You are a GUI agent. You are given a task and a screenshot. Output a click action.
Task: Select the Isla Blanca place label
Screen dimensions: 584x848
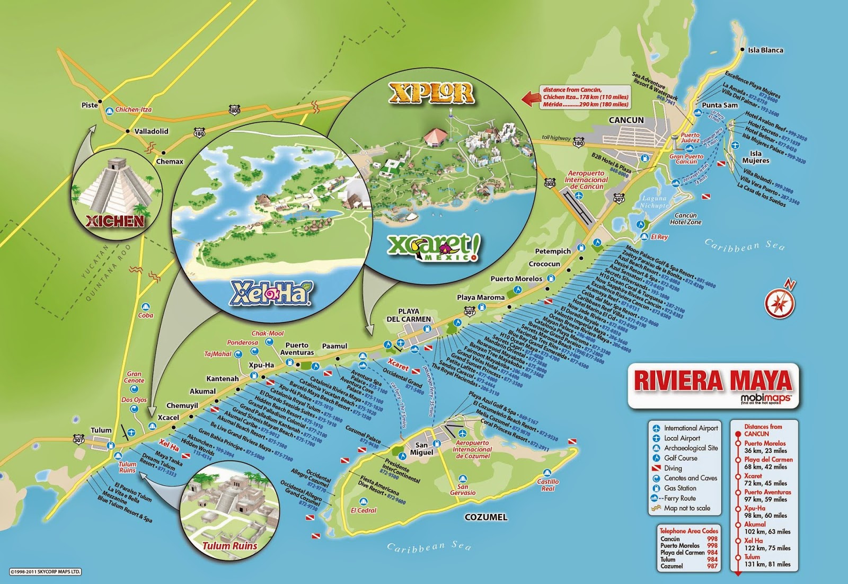point(765,50)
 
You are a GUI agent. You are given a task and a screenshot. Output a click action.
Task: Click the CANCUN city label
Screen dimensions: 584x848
point(626,120)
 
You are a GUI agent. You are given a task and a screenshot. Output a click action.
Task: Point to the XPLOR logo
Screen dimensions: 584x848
point(431,93)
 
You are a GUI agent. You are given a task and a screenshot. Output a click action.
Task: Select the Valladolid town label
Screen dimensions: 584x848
point(151,131)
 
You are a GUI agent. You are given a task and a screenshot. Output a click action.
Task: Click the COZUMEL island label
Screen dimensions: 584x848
point(485,517)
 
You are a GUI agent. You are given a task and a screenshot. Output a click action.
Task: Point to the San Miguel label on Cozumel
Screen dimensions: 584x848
point(421,448)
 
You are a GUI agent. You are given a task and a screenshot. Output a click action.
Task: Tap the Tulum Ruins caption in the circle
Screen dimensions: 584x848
point(231,545)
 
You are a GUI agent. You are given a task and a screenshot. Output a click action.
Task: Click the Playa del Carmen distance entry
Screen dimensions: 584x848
point(768,463)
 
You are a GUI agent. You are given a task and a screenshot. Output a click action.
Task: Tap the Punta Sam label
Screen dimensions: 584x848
point(719,105)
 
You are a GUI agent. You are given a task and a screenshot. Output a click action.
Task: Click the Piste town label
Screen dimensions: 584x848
point(90,105)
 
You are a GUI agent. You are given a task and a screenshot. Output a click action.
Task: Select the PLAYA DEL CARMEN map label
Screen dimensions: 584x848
point(409,315)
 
